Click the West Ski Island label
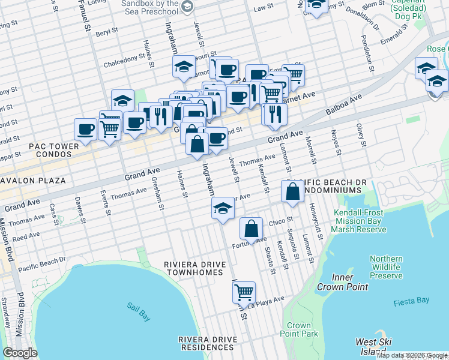click(374, 346)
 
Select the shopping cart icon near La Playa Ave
click(244, 293)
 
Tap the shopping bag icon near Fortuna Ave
click(251, 229)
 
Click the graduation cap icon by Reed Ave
click(222, 208)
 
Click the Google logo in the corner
click(20, 353)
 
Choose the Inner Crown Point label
click(350, 282)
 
